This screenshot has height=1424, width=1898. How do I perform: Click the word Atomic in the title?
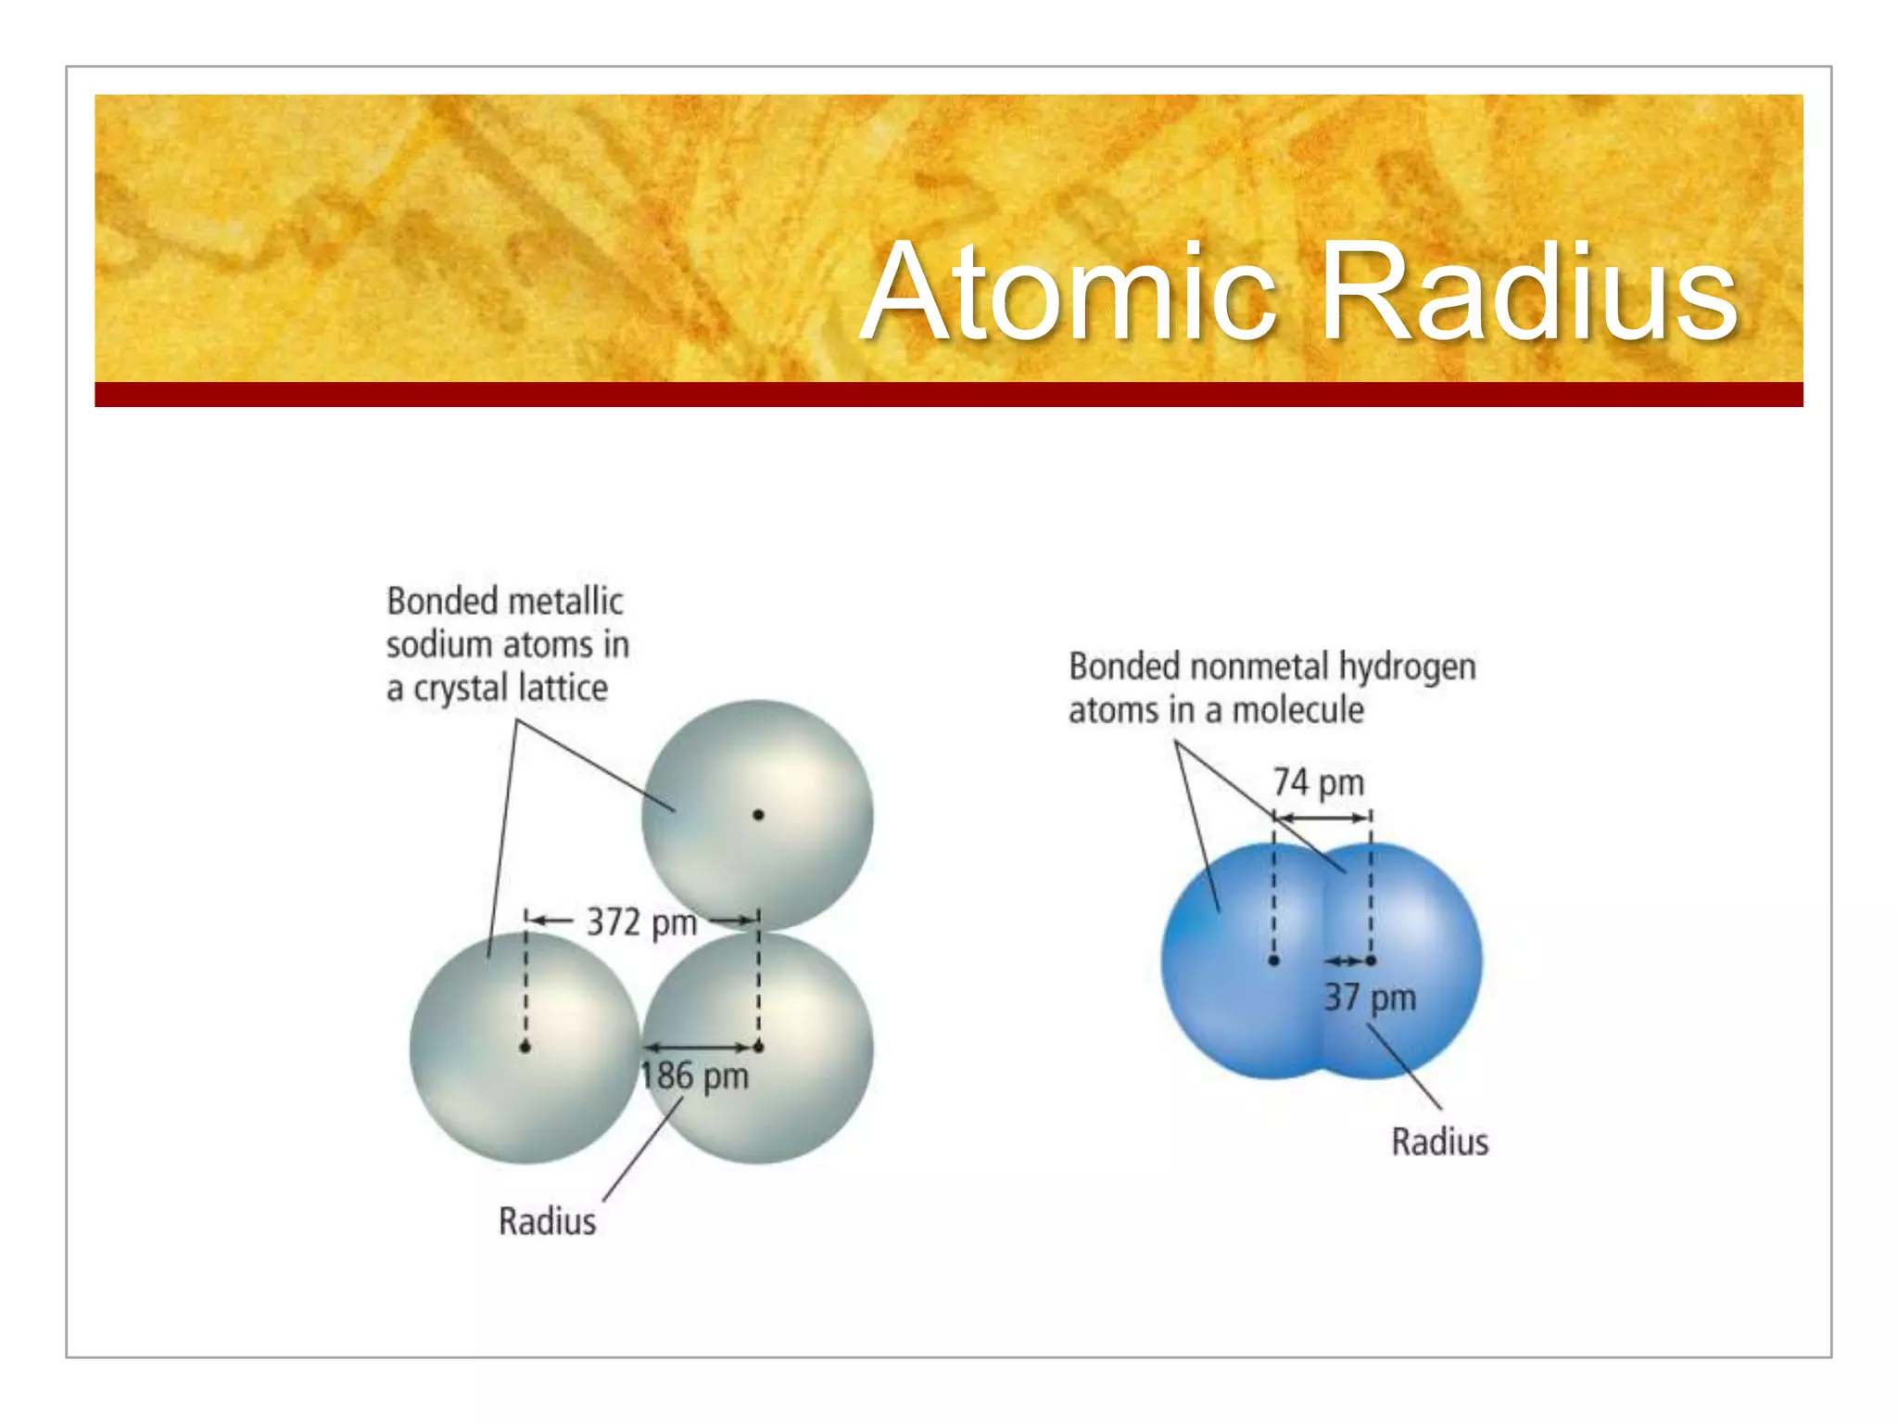coord(1070,292)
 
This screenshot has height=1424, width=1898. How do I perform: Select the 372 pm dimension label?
coord(641,922)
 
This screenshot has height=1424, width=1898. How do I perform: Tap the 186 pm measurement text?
coord(694,1076)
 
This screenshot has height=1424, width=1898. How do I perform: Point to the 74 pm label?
coord(1318,782)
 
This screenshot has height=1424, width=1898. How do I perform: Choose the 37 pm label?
coord(1369,998)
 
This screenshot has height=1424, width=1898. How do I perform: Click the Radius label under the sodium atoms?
coord(547,1221)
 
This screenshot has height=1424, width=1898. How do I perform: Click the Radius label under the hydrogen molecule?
coord(1439,1141)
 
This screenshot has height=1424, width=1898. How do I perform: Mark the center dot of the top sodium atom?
coord(758,815)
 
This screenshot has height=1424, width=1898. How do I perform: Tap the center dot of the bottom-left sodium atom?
coord(525,1048)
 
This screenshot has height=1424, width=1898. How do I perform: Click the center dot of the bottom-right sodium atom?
coord(759,1048)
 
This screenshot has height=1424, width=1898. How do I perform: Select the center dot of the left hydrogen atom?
coord(1273,960)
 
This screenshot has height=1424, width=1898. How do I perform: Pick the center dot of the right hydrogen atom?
coord(1371,960)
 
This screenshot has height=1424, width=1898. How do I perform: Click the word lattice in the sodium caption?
coord(563,688)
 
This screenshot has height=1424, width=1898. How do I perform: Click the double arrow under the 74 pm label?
coord(1322,818)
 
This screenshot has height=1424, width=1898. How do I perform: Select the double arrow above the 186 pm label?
coord(701,1048)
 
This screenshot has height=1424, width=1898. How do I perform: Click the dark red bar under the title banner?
coord(948,394)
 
